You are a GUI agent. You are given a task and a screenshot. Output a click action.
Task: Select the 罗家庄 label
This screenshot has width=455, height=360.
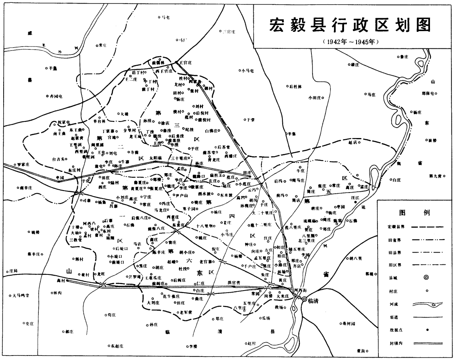(x=24, y=165)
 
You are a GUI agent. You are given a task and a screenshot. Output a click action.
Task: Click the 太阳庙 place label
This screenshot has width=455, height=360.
(x=155, y=158)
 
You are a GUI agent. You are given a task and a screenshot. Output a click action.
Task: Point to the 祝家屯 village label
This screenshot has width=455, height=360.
(x=64, y=121)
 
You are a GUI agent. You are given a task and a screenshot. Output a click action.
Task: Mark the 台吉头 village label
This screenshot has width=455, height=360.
(x=58, y=159)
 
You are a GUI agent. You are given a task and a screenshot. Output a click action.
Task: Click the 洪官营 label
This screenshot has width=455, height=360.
(x=234, y=282)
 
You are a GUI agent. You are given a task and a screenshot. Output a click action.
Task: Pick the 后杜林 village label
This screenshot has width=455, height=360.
(x=296, y=86)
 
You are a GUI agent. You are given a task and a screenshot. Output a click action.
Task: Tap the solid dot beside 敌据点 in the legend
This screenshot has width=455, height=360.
(x=427, y=330)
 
